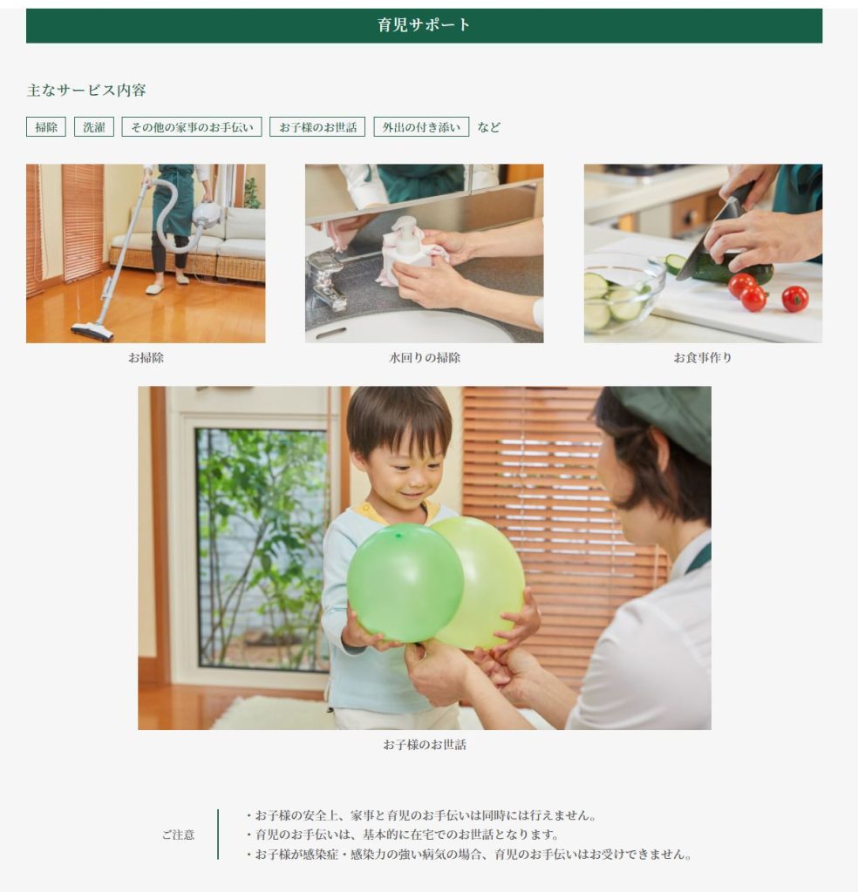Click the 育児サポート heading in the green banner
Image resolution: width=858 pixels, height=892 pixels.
(424, 25)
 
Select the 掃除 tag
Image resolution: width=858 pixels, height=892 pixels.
(46, 127)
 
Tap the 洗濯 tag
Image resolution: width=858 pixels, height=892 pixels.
(94, 127)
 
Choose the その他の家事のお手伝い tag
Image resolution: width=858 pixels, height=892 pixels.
(192, 127)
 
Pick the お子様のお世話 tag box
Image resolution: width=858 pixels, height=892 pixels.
(317, 127)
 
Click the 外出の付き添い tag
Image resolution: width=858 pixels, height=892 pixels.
(421, 127)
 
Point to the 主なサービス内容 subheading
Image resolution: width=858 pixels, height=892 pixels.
(86, 90)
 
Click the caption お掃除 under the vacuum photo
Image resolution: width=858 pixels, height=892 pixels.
(146, 358)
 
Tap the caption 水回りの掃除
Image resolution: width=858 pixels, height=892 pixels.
(424, 358)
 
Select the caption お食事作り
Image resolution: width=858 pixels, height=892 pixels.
(703, 358)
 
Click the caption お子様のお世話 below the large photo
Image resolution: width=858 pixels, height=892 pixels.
(424, 745)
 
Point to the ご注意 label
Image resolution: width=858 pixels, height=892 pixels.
(178, 835)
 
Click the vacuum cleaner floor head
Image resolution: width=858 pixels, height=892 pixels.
(92, 332)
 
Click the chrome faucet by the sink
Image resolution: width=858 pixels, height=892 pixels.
(327, 280)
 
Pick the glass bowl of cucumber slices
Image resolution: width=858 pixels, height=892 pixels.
(624, 294)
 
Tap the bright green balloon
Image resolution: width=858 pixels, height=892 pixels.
(405, 583)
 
